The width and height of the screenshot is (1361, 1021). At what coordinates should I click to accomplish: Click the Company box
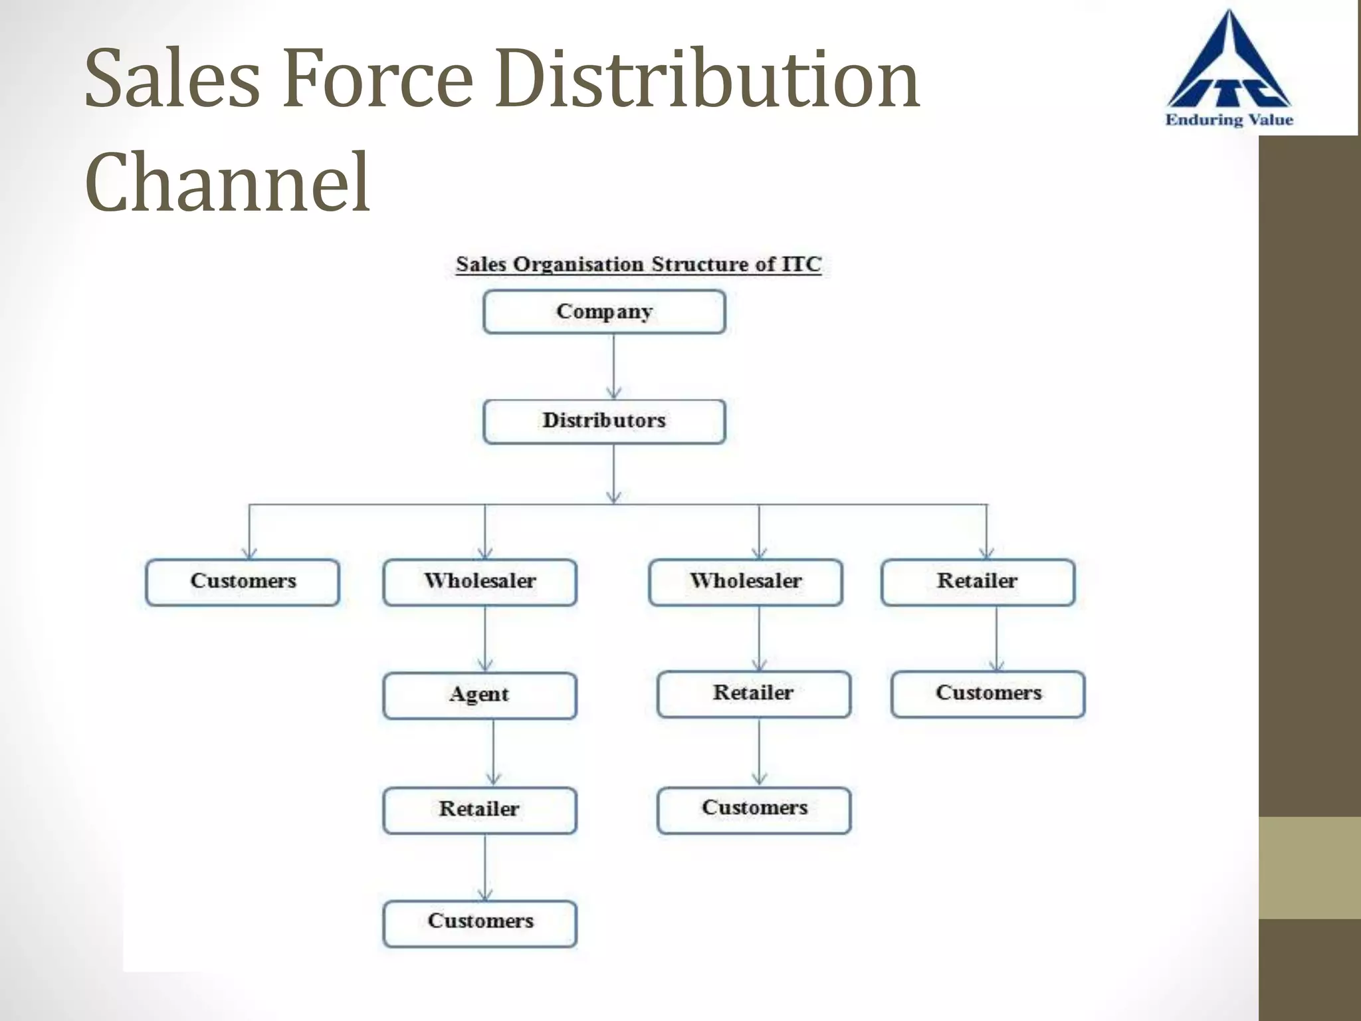604,312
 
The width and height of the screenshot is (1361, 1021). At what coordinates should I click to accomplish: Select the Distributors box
604,421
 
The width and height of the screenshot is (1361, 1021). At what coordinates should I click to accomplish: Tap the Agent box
479,695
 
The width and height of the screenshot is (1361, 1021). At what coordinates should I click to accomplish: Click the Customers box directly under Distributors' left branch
243,582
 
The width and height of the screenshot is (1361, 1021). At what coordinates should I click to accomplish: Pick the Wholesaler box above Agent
479,582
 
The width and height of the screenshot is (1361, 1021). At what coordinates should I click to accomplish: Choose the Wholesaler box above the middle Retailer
746,582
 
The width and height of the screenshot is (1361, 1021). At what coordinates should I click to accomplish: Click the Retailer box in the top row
978,582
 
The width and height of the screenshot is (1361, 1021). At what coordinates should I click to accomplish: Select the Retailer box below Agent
479,810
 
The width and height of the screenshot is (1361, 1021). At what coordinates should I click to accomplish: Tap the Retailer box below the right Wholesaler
754,694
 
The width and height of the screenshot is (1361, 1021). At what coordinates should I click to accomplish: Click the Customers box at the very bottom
479,923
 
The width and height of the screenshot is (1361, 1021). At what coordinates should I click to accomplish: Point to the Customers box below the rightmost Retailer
988,694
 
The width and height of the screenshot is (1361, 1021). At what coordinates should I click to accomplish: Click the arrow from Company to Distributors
613,366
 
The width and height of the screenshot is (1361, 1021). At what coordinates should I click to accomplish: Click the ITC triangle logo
1229,66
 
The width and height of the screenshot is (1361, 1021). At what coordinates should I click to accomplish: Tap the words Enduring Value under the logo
1229,120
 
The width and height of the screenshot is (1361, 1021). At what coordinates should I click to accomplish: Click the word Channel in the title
227,182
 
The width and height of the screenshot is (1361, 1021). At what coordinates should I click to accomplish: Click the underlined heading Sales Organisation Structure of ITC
638,265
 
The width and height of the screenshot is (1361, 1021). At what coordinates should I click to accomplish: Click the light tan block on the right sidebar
1309,867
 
